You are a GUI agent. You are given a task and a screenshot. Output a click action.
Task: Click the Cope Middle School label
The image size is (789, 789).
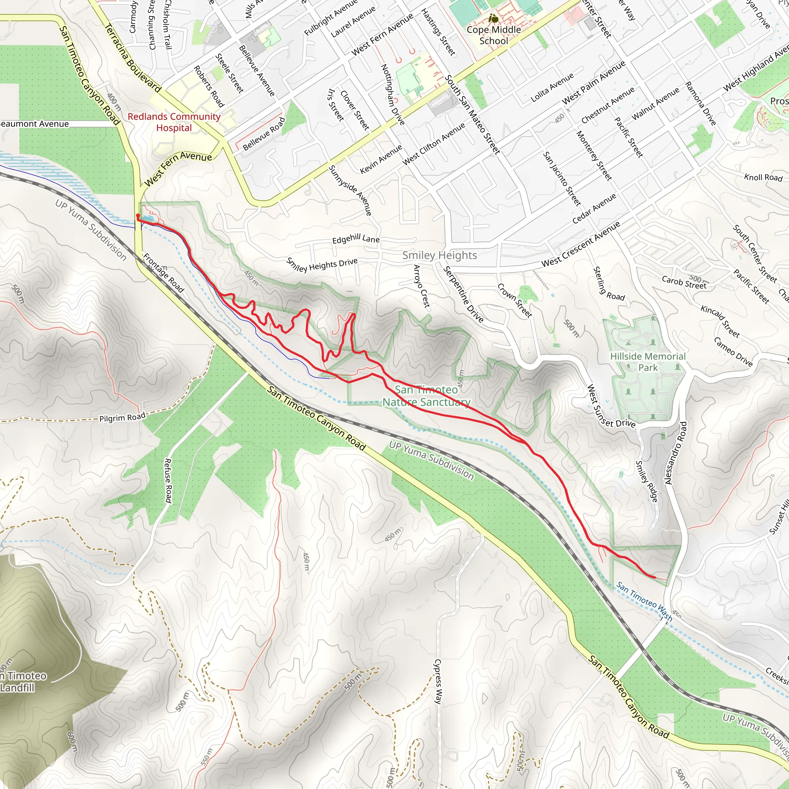494,35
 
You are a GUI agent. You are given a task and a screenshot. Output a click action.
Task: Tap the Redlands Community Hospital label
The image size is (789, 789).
174,122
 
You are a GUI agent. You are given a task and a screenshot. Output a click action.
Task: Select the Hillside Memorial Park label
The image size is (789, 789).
648,362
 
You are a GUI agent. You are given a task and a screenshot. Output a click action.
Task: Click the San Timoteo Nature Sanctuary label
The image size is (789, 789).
426,396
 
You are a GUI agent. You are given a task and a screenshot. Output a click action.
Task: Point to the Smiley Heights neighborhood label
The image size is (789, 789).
440,255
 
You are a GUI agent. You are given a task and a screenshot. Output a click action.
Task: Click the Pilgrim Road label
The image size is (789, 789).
122,418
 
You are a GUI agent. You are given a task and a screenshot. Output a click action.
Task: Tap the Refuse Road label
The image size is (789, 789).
168,480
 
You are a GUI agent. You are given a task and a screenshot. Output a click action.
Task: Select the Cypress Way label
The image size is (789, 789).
438,682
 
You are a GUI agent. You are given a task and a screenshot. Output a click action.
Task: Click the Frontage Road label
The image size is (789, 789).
163,273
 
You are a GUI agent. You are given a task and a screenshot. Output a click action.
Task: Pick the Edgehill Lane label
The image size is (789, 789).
356,239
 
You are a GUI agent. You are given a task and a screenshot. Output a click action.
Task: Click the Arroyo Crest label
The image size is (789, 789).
421,286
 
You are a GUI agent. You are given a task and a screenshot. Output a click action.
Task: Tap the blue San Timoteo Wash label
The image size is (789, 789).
644,601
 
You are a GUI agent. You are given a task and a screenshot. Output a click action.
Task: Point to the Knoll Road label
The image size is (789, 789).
763,177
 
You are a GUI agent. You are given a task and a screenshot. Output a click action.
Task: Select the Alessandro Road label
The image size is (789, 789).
676,453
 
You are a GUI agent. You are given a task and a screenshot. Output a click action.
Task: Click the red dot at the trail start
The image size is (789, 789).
138,216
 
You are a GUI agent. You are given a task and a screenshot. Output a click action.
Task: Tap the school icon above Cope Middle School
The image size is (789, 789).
494,19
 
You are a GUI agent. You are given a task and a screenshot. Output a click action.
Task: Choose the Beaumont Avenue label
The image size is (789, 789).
34,124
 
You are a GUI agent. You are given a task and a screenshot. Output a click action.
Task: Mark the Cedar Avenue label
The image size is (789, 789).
594,209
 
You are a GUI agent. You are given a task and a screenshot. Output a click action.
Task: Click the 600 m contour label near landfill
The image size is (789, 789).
72,741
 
